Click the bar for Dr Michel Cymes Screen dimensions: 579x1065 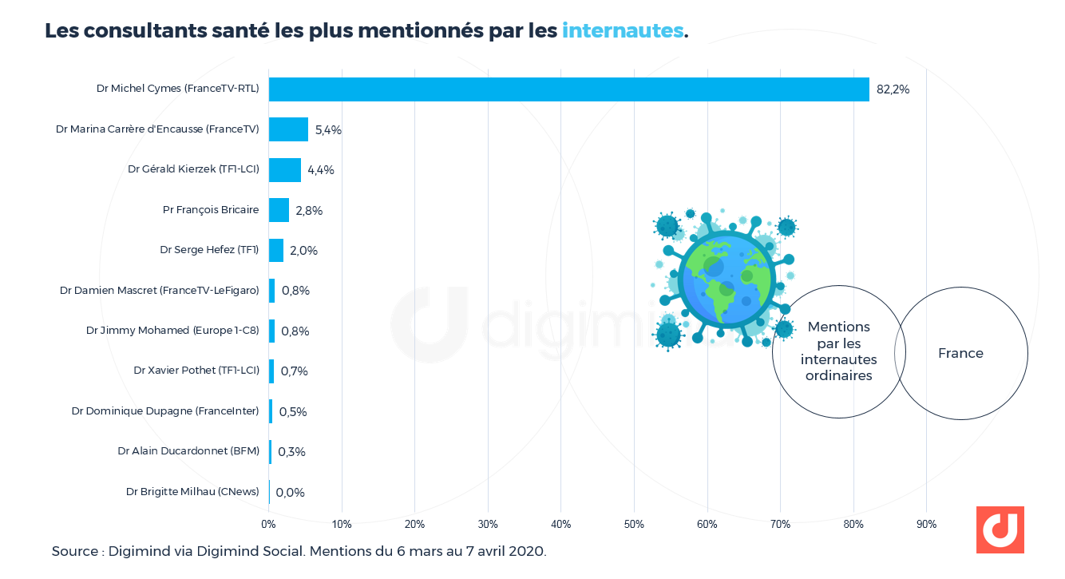(568, 89)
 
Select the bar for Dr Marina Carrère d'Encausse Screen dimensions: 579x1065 (288, 129)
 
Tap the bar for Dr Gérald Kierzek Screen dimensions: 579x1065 (284, 170)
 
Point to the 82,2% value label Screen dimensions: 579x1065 (893, 89)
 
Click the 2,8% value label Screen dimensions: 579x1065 (309, 211)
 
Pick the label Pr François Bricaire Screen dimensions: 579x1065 (211, 210)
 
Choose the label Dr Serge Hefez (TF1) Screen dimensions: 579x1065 (209, 250)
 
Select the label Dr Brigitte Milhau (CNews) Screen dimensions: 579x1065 (192, 492)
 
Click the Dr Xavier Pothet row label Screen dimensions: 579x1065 (196, 371)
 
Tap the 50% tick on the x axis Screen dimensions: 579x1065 (634, 525)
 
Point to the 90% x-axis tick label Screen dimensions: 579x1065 (926, 525)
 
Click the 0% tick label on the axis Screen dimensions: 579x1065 (269, 525)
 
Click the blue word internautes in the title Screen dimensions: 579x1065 (623, 30)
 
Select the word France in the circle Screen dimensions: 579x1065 (960, 353)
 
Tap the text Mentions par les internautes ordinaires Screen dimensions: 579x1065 (838, 351)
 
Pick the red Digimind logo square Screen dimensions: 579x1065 (1000, 529)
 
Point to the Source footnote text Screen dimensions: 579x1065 (299, 551)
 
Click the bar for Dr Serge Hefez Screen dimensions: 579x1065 (276, 251)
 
